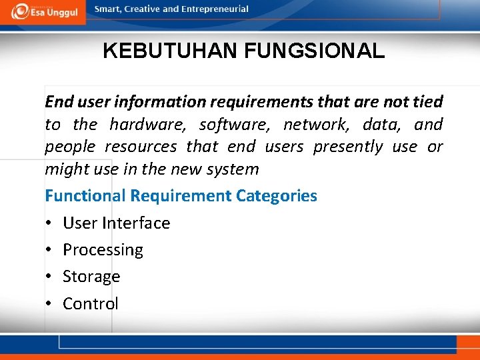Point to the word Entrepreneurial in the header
tap(215, 9)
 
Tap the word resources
tap(141, 147)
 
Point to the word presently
tap(348, 147)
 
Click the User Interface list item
tap(116, 223)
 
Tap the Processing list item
tap(103, 250)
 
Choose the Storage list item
tap(91, 277)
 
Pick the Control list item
tap(91, 304)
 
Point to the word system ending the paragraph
tap(233, 169)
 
